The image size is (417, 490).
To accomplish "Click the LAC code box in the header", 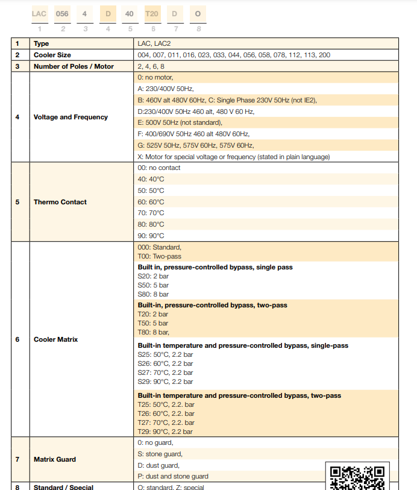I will pyautogui.click(x=39, y=13).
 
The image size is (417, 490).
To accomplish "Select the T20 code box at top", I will pyautogui.click(x=152, y=13).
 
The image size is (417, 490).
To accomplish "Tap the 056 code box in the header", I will pyautogui.click(x=62, y=13).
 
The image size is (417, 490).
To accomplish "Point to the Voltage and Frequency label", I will pyautogui.click(x=71, y=117).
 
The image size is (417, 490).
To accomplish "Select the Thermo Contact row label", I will pyautogui.click(x=60, y=202).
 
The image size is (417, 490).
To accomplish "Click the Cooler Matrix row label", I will pyautogui.click(x=55, y=339).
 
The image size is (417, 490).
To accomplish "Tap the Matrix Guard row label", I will pyautogui.click(x=55, y=459).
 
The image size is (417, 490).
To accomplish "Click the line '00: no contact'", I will pyautogui.click(x=159, y=168).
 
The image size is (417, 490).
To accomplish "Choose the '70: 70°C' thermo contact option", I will pyautogui.click(x=151, y=213).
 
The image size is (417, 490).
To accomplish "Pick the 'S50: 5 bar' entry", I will pyautogui.click(x=153, y=285).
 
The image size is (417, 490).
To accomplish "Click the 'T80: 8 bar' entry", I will pyautogui.click(x=154, y=332).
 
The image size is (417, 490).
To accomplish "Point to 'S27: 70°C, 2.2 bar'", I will pyautogui.click(x=165, y=372).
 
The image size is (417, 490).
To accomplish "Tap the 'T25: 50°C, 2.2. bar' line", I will pyautogui.click(x=166, y=404).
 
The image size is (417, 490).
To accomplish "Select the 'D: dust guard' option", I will pyautogui.click(x=158, y=465).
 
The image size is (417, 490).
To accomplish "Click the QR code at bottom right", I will pyautogui.click(x=357, y=476).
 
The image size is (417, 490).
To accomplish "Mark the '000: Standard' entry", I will pyautogui.click(x=159, y=247).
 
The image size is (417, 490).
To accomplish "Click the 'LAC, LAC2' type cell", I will pyautogui.click(x=155, y=44).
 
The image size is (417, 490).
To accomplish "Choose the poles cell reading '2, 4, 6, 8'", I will pyautogui.click(x=151, y=66).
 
